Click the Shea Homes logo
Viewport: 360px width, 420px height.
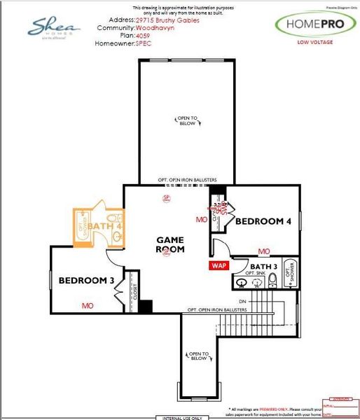(54, 28)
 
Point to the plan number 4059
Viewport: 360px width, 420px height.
(144, 36)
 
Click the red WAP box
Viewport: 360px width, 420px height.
(219, 266)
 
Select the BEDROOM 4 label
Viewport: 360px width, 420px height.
(263, 221)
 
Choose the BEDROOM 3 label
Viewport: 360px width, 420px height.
(86, 281)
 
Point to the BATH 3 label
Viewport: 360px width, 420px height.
(264, 267)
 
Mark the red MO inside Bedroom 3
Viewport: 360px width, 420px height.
(88, 306)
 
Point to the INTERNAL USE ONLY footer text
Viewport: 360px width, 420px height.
(178, 417)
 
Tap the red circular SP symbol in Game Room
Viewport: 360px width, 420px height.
(167, 198)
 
